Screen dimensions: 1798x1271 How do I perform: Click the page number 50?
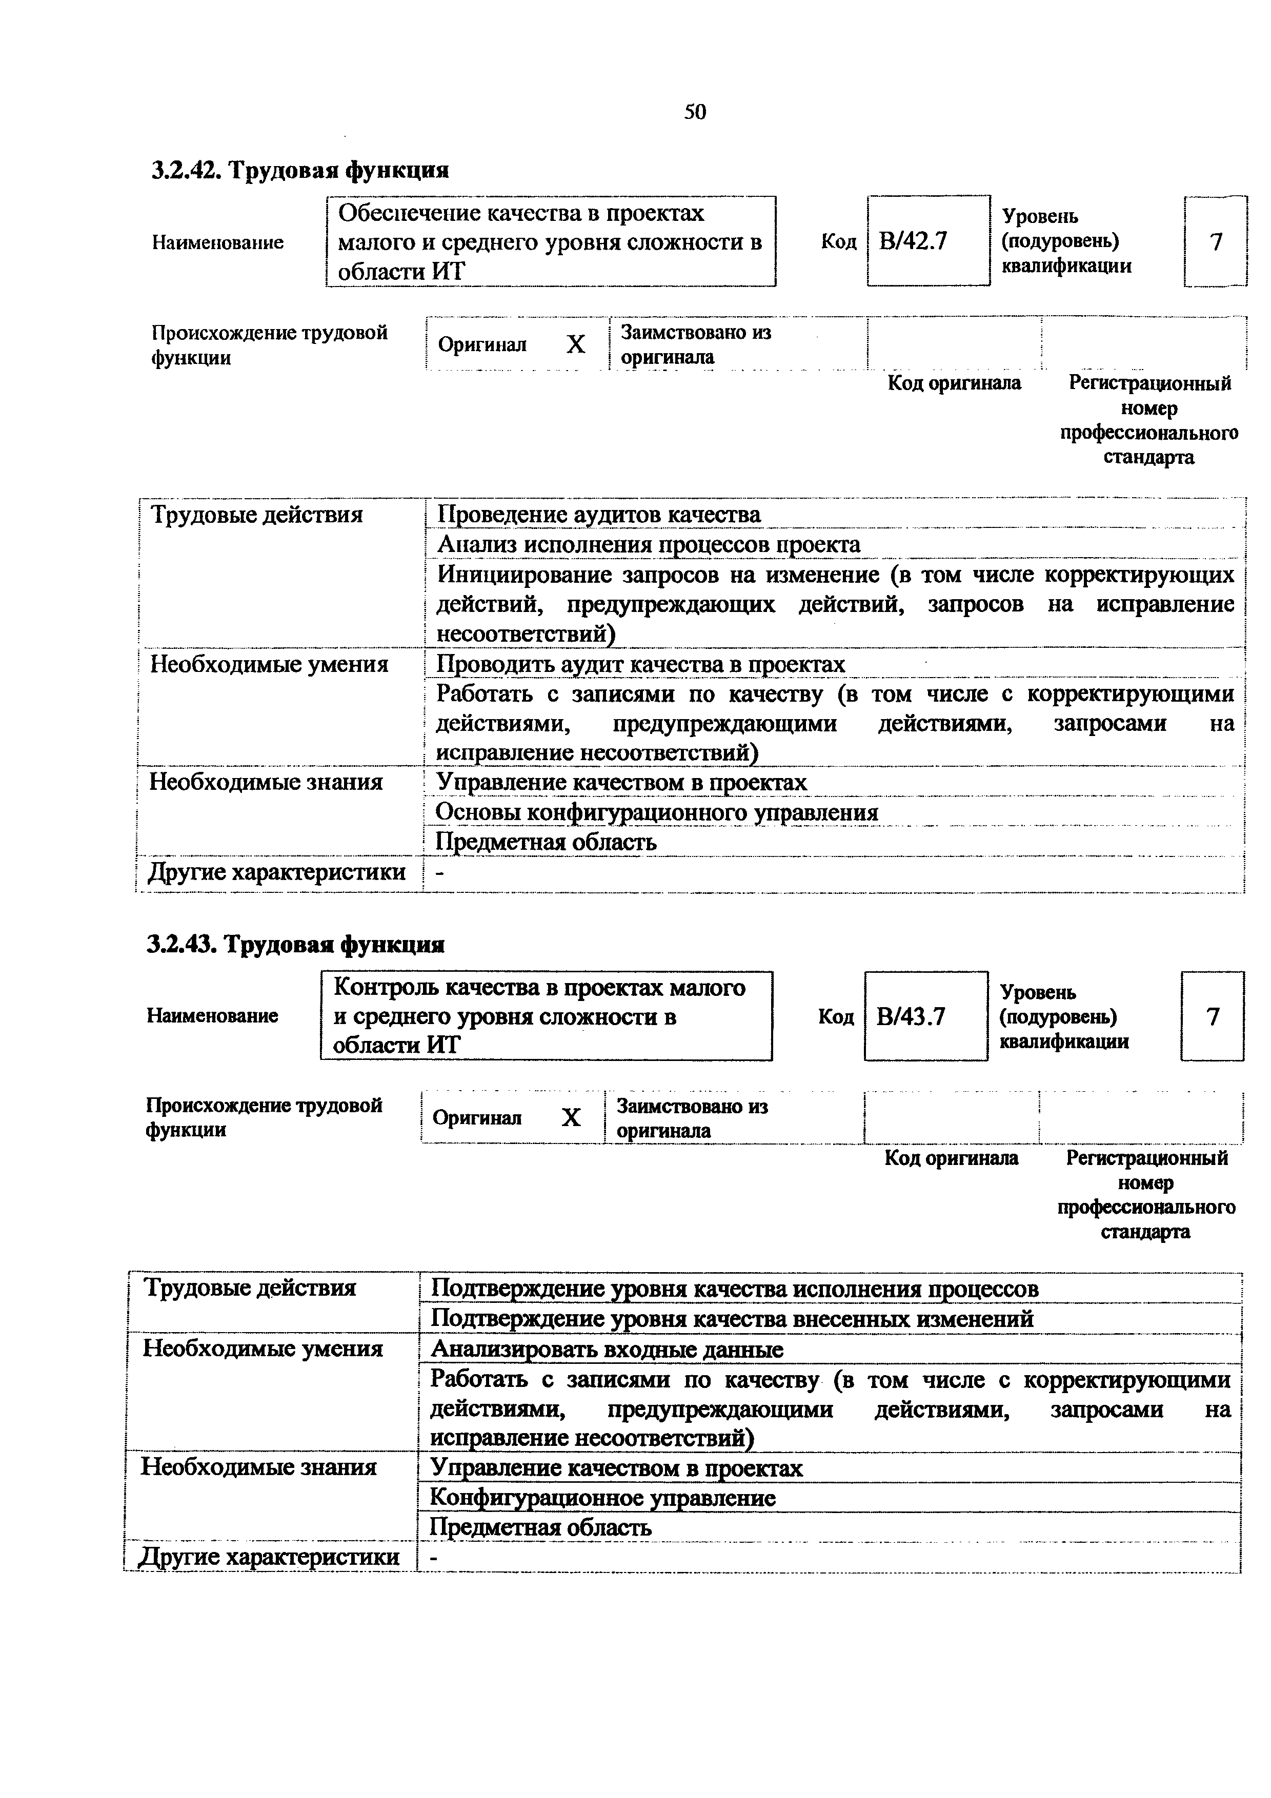click(x=695, y=112)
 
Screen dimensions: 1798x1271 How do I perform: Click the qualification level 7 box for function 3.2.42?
click(x=1216, y=242)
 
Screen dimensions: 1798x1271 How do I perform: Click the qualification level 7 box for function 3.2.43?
click(x=1212, y=1016)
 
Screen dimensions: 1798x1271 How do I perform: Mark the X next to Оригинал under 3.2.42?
click(x=576, y=344)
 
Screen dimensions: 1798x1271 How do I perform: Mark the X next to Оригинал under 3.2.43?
click(x=572, y=1117)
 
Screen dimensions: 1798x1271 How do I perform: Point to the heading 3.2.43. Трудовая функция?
click(x=296, y=945)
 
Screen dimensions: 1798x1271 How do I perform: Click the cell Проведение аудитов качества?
click(x=599, y=515)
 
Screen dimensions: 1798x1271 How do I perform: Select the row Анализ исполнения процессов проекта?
click(x=649, y=544)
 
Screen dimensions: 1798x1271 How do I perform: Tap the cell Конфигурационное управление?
click(x=603, y=1498)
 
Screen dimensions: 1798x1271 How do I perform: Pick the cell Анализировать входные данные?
click(x=607, y=1350)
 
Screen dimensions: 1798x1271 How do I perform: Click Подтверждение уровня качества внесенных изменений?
click(x=732, y=1319)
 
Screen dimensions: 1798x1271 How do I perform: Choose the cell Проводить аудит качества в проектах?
click(x=640, y=664)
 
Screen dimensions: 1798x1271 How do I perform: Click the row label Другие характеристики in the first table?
click(x=277, y=872)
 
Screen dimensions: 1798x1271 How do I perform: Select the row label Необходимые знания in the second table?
click(x=258, y=1467)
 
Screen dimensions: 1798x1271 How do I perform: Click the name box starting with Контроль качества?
click(x=546, y=1016)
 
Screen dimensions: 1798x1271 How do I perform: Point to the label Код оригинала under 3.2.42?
click(x=954, y=383)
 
